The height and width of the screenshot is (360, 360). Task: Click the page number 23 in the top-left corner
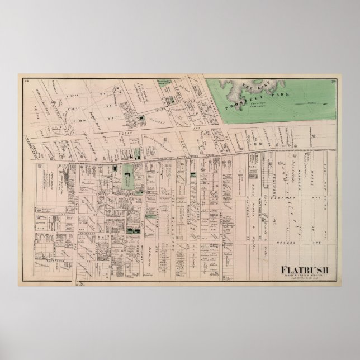(26, 81)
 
